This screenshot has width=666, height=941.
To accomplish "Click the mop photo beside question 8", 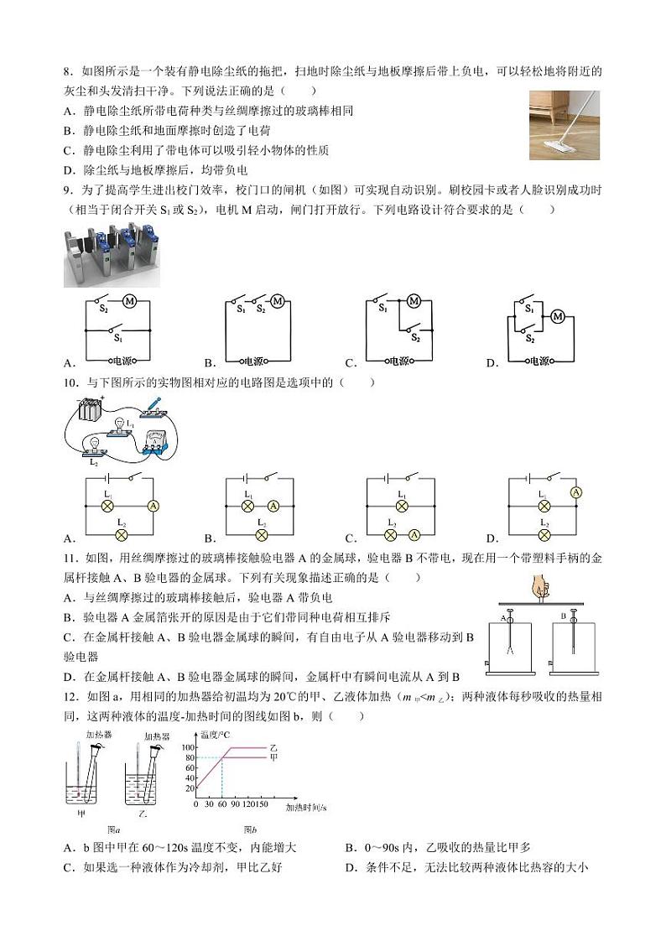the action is [x=564, y=125].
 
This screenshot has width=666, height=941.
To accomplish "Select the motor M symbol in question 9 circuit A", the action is [x=129, y=300].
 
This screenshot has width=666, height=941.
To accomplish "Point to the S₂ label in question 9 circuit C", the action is [x=415, y=337].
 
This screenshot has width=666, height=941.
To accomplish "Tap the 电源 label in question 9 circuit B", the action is [x=252, y=361].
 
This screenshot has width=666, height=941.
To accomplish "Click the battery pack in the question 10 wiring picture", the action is [x=91, y=411].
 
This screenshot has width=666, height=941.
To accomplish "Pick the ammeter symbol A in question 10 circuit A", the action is [x=153, y=507].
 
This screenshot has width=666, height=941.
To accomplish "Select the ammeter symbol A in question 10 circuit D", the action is [x=575, y=492].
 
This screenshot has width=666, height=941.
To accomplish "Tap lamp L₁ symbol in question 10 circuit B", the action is [x=249, y=506].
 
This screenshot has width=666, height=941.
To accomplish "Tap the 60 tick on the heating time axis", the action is [x=221, y=804].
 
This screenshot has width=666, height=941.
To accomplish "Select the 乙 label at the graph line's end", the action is [x=273, y=746].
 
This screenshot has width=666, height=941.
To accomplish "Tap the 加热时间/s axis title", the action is [x=306, y=808].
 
